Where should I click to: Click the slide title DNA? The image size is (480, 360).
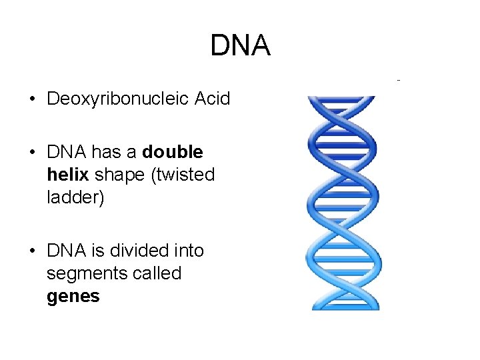[240, 45]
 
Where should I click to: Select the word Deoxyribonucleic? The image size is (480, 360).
[118, 100]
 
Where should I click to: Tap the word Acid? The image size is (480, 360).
[212, 99]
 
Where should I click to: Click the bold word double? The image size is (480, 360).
[173, 152]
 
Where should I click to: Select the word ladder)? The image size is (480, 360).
[75, 197]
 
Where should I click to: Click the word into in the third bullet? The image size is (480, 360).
[188, 251]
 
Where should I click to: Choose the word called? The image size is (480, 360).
[157, 273]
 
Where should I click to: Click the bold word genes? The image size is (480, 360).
[73, 296]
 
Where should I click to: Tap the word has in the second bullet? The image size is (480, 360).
[105, 152]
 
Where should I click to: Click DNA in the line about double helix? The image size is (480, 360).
[66, 152]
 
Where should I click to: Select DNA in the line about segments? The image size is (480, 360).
[66, 251]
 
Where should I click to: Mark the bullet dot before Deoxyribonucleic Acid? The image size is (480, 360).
[32, 100]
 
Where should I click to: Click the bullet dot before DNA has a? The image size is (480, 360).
[32, 153]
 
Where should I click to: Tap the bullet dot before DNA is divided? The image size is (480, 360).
[32, 251]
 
